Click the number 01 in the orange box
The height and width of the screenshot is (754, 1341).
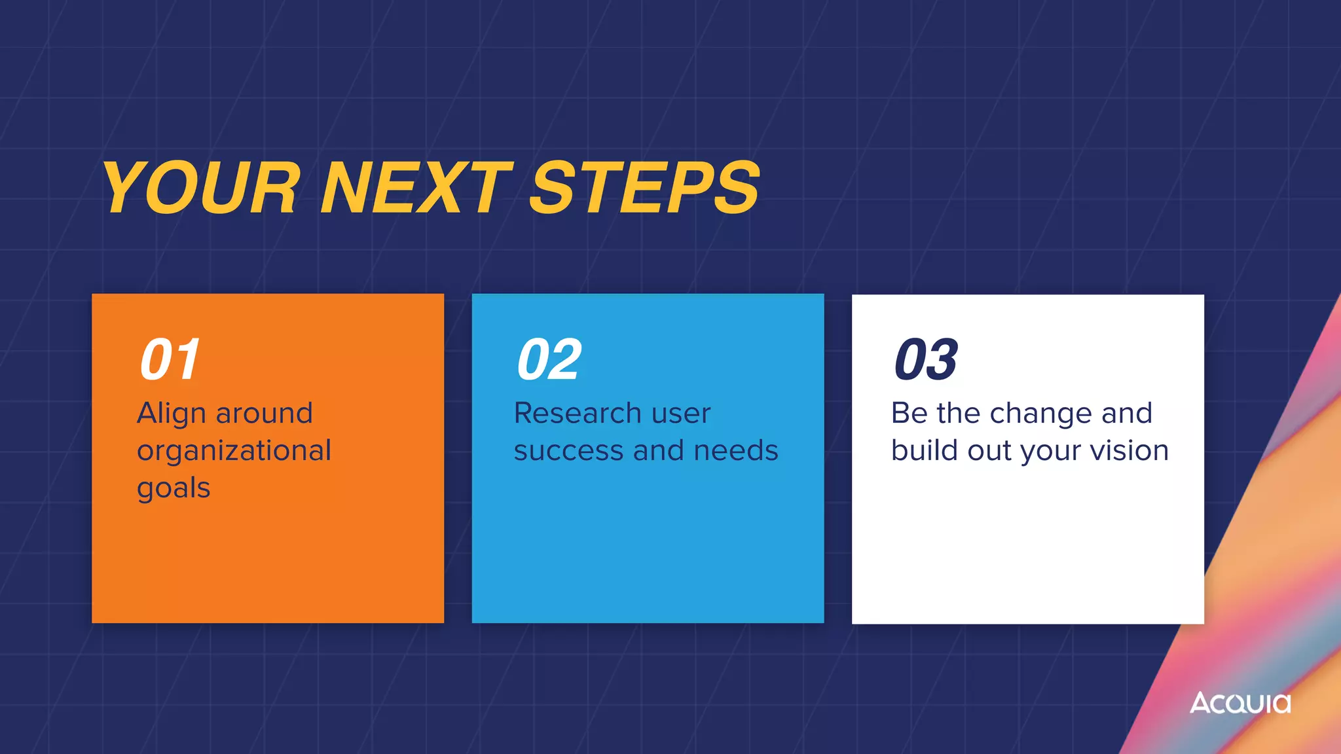tap(170, 359)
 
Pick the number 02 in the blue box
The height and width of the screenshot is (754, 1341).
tap(549, 359)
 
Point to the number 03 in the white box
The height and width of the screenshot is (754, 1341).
tap(926, 359)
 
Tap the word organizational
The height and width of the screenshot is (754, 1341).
tap(234, 452)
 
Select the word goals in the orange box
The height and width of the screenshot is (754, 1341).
tap(174, 489)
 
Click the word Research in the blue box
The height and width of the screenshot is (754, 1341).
tap(578, 414)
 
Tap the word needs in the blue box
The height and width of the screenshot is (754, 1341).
tap(735, 452)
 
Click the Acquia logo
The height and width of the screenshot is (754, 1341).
tap(1240, 703)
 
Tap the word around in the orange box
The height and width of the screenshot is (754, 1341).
tap(265, 414)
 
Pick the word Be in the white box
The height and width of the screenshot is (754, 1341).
tap(909, 414)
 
